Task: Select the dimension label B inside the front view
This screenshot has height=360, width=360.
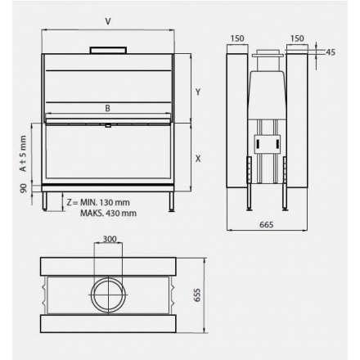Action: point(107,108)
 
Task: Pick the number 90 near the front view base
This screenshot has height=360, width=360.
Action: point(24,188)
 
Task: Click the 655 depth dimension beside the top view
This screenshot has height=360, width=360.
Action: point(197,295)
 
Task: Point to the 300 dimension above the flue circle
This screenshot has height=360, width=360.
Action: point(108,240)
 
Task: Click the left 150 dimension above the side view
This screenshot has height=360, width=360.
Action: point(237,38)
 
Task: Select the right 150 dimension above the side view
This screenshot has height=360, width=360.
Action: point(297,38)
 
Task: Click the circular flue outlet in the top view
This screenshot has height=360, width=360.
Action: point(108,294)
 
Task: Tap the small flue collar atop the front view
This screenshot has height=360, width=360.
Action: point(108,51)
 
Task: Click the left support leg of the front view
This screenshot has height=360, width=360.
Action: point(47,202)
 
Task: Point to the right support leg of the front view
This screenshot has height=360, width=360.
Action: point(169,202)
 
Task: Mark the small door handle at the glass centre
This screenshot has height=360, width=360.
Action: point(108,126)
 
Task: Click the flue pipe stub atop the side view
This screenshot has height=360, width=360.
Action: point(268,59)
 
